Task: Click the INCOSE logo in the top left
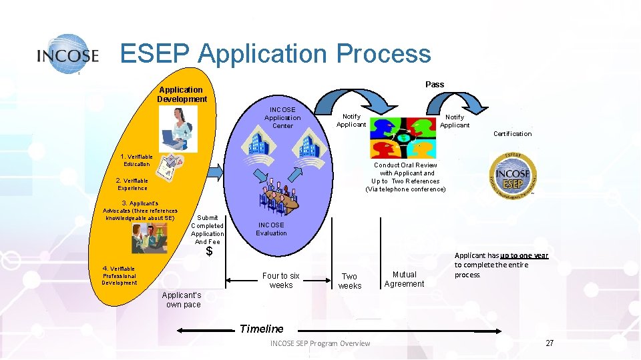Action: [68, 54]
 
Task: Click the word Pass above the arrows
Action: [435, 84]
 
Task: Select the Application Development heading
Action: [182, 95]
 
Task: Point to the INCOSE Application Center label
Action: [282, 117]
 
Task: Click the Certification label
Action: [512, 133]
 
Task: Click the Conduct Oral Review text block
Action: [405, 177]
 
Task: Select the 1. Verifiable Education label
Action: [136, 160]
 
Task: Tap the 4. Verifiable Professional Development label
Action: [119, 275]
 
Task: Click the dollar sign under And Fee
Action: [209, 252]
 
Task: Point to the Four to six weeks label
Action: [281, 281]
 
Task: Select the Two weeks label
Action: [349, 281]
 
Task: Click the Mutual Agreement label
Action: [404, 279]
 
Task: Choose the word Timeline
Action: [261, 329]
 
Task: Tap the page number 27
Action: [550, 343]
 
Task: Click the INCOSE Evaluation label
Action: [271, 229]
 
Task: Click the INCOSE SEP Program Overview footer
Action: [320, 343]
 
